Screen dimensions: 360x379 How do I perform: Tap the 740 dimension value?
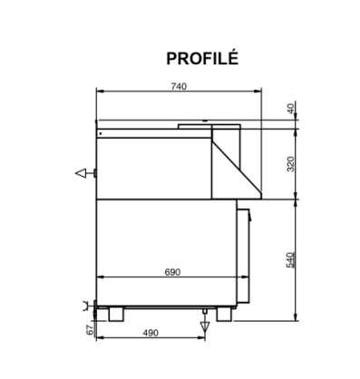pos(179,86)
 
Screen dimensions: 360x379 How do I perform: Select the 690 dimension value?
pos(172,272)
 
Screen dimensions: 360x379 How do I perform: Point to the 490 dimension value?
pos(151,333)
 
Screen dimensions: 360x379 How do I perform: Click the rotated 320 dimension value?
pos(290,164)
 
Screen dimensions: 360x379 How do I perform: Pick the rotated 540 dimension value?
pos(290,260)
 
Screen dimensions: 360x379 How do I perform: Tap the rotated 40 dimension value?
pos(290,109)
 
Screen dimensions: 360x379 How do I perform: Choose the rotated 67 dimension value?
pos(90,330)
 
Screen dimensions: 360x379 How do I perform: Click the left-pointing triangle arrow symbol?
pos(81,173)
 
